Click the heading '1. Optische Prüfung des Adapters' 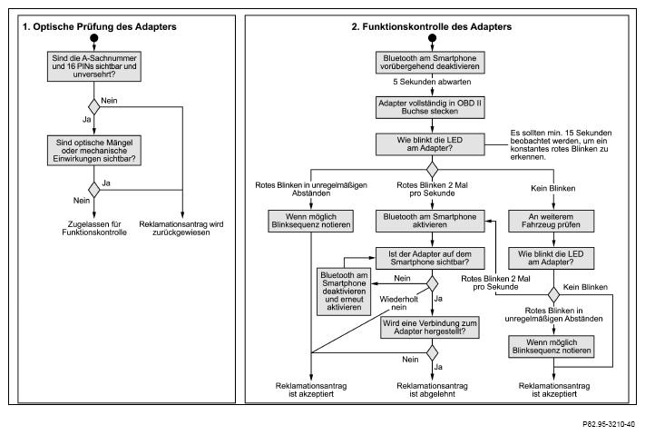[x=100, y=26]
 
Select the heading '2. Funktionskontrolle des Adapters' [x=432, y=26]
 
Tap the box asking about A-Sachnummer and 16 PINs [x=94, y=66]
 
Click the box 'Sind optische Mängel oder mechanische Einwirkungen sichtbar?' [x=94, y=151]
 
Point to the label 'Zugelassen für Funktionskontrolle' [x=94, y=228]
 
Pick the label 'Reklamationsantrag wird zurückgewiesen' [x=181, y=228]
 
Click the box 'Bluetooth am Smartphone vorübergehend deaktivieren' [x=430, y=62]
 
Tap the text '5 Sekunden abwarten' [x=432, y=82]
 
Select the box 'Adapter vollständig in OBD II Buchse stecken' [x=430, y=107]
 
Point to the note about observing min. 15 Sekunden [x=561, y=144]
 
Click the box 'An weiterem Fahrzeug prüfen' [x=552, y=221]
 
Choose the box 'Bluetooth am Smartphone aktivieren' [x=430, y=221]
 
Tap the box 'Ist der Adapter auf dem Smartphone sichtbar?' [x=430, y=258]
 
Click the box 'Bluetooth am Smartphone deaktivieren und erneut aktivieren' [x=344, y=292]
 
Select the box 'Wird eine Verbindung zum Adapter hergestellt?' [x=430, y=328]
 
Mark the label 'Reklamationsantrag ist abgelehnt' [x=432, y=391]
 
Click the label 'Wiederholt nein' [x=398, y=303]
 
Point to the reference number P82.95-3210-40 [x=609, y=424]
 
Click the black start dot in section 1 [x=94, y=38]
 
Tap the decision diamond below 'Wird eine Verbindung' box [x=432, y=353]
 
